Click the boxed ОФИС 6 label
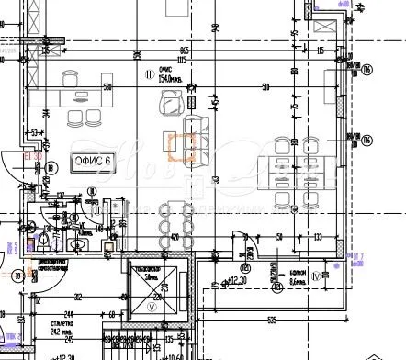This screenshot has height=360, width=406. pyautogui.click(x=91, y=163)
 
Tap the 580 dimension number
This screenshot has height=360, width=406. pyautogui.click(x=107, y=87)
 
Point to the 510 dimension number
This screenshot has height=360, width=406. pyautogui.click(x=265, y=87)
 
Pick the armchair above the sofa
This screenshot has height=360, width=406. pyautogui.click(x=171, y=107)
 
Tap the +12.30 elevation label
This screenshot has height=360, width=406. pyautogui.click(x=241, y=280)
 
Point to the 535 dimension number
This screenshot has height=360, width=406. pyautogui.click(x=272, y=320)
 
